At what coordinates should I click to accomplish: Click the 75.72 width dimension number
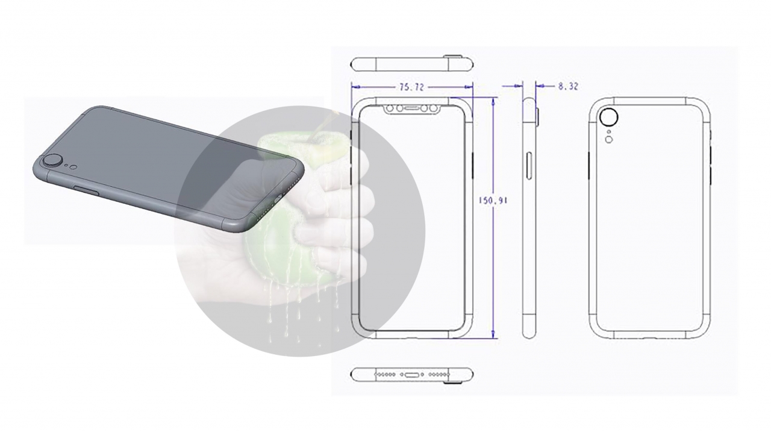(411, 87)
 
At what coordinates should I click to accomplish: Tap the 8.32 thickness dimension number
(568, 87)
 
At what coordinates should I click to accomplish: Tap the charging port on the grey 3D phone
(279, 199)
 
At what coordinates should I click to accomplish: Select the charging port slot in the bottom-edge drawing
(411, 375)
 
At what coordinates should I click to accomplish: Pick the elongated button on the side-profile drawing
(529, 166)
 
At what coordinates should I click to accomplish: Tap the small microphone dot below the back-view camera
(608, 131)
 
